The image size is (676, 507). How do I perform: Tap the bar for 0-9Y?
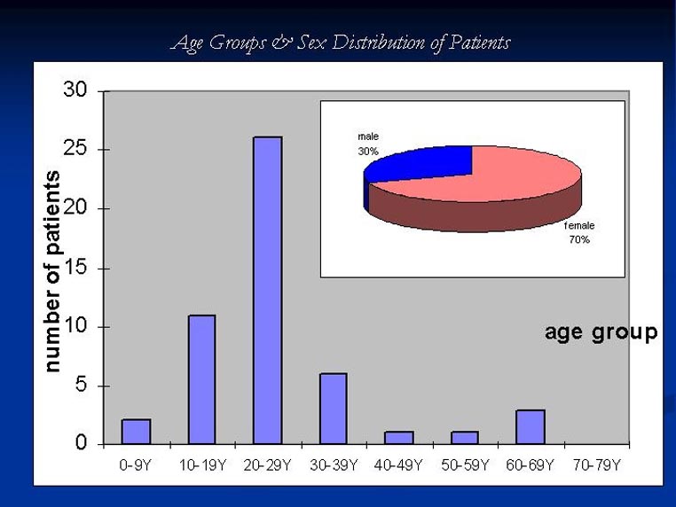136,431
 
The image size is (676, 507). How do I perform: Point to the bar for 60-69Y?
530,426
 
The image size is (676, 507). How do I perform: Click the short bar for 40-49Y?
398,437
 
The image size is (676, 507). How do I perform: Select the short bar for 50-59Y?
464,437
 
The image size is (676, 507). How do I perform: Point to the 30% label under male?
368,152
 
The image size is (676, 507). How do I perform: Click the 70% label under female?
579,240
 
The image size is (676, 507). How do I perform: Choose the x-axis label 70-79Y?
597,465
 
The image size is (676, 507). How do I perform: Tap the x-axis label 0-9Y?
137,465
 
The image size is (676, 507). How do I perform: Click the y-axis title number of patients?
53,270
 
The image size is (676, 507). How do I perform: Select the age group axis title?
601,332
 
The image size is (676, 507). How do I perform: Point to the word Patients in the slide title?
479,43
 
